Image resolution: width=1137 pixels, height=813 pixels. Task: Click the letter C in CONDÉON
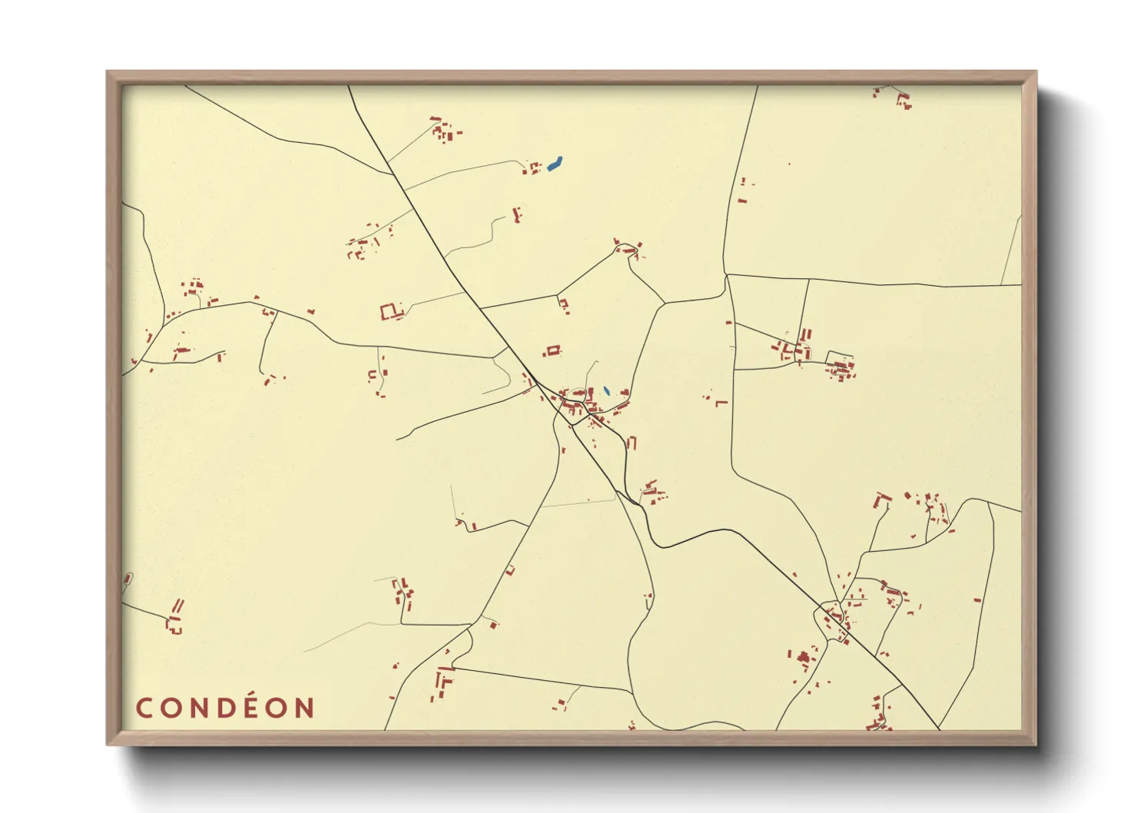(144, 708)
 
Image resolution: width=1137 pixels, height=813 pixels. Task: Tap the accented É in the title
(253, 707)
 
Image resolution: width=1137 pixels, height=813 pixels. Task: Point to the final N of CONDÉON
(306, 708)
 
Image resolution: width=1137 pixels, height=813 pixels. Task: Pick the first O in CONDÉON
(170, 708)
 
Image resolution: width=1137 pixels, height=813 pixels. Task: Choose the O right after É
(278, 708)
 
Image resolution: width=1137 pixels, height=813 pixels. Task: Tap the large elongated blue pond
(555, 163)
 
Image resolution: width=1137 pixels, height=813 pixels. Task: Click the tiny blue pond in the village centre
(606, 390)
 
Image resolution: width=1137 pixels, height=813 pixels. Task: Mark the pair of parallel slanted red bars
(177, 606)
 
